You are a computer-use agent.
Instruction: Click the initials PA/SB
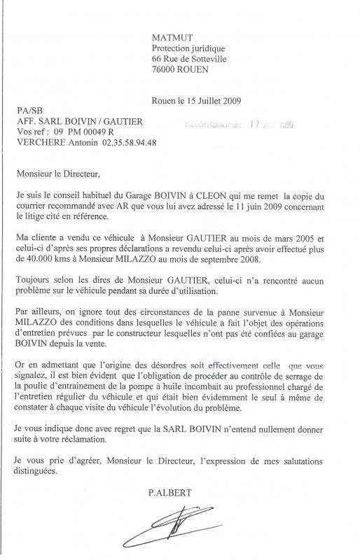pyautogui.click(x=25, y=111)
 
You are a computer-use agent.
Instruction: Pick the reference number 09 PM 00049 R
pyautogui.click(x=83, y=132)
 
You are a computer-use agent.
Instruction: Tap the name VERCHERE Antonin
pyautogui.click(x=53, y=142)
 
